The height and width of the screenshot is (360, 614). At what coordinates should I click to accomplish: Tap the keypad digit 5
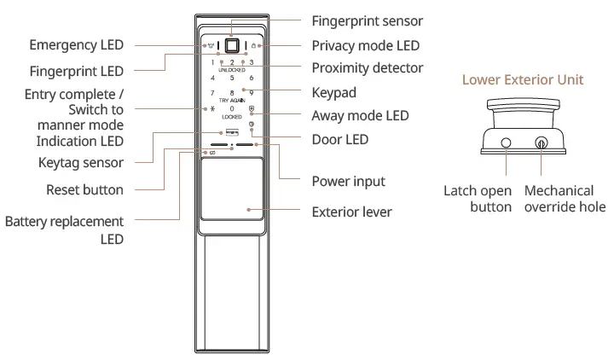(x=232, y=78)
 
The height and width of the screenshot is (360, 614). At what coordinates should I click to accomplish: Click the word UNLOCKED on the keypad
(x=232, y=69)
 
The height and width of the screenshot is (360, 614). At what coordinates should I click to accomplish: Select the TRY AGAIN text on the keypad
(x=232, y=100)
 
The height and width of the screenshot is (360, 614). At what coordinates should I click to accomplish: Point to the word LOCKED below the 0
(x=232, y=117)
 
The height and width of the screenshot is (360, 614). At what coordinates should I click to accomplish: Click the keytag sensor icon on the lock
(x=232, y=132)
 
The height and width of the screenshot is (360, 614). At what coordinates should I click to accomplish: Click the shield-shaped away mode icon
(x=252, y=109)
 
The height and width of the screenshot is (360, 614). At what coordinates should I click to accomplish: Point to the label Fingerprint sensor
(x=368, y=20)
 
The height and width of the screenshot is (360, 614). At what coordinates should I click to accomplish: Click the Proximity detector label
(x=368, y=67)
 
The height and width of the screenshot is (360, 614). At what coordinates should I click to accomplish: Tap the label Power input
(x=349, y=181)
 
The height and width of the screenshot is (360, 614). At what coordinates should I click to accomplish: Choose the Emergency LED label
(x=78, y=44)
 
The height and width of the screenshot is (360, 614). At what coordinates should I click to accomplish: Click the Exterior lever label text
(x=352, y=212)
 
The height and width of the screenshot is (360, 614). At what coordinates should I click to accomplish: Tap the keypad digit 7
(x=212, y=92)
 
